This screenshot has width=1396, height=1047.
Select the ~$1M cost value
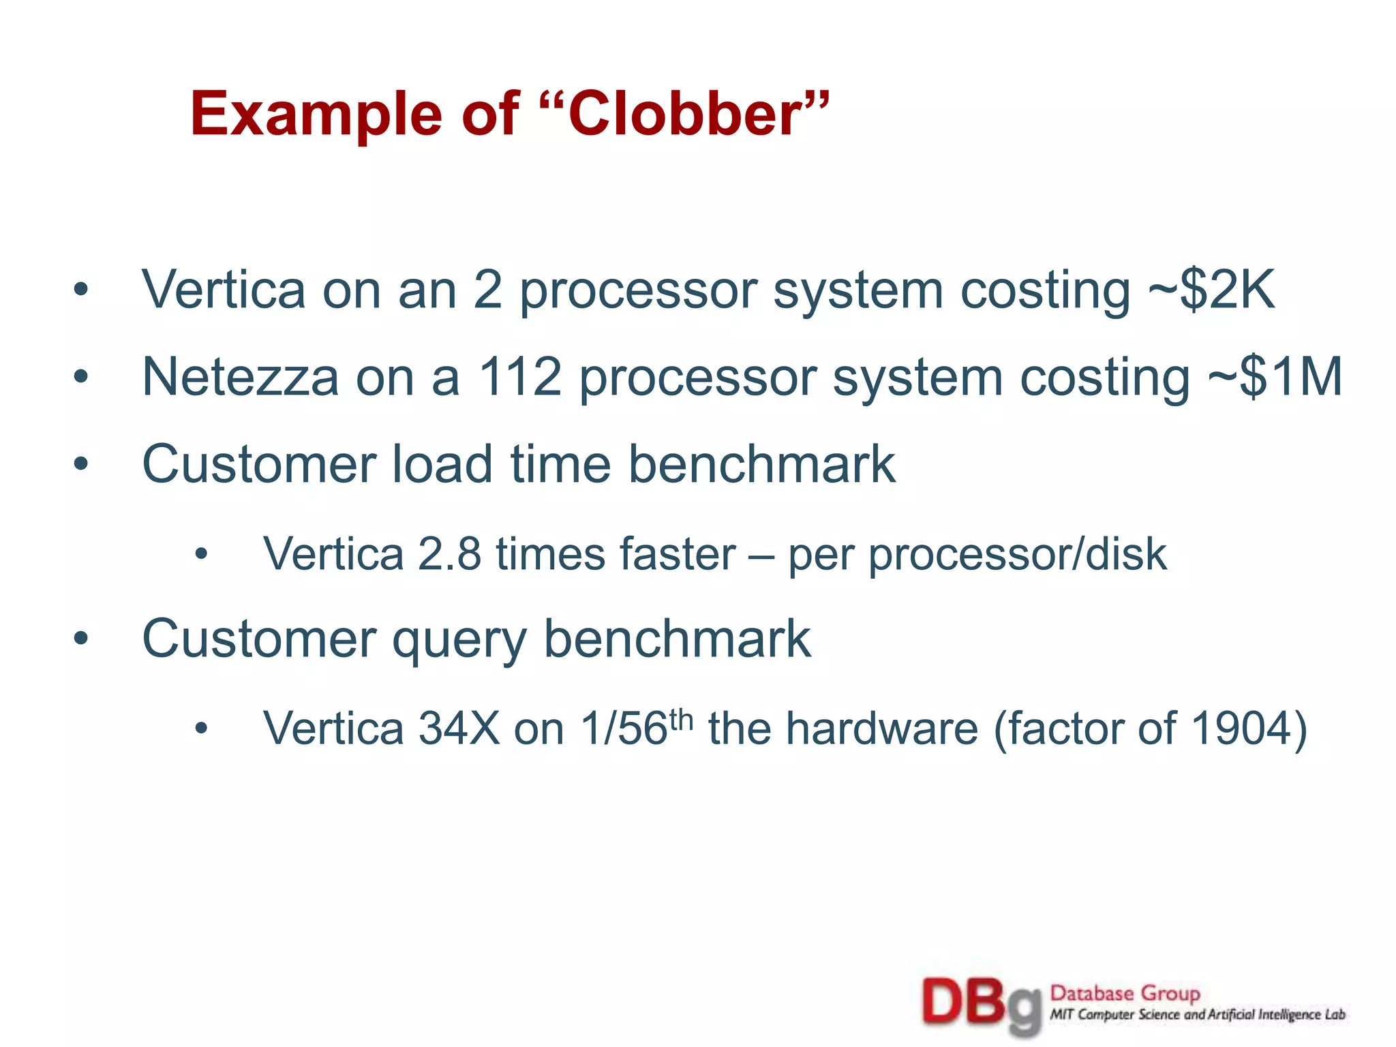[x=1275, y=377]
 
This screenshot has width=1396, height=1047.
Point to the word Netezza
[x=240, y=377]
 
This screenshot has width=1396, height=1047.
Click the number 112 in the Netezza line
[x=519, y=377]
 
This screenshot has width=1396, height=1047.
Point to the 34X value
[x=459, y=729]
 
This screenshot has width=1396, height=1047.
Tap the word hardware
[x=882, y=729]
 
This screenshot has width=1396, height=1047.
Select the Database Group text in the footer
[x=1125, y=993]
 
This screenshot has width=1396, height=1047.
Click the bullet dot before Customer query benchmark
[x=81, y=639]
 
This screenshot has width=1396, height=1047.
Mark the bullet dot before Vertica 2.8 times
[x=200, y=554]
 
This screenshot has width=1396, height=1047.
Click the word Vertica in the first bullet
[x=224, y=290]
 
